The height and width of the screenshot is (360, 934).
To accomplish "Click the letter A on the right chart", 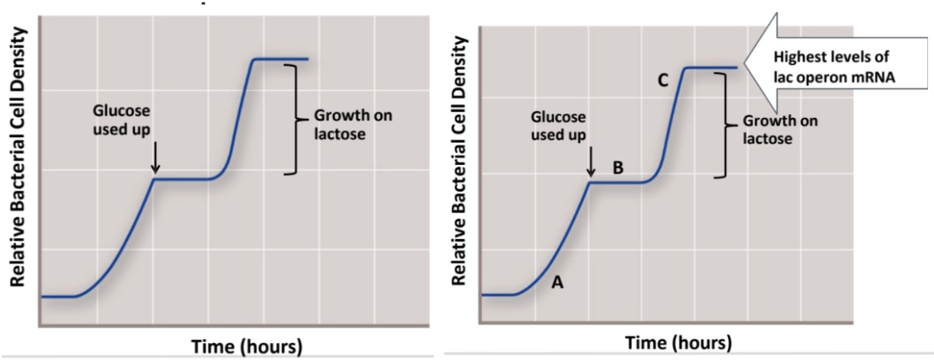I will click(x=557, y=283).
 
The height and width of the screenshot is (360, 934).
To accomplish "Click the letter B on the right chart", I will click(x=618, y=167).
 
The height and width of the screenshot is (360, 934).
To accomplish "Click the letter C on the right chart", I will click(x=663, y=81).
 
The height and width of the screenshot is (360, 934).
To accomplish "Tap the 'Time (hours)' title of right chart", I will click(x=678, y=342).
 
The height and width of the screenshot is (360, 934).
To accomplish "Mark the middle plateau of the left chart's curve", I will click(x=183, y=178).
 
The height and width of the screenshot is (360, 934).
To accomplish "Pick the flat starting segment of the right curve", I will click(x=496, y=295).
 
